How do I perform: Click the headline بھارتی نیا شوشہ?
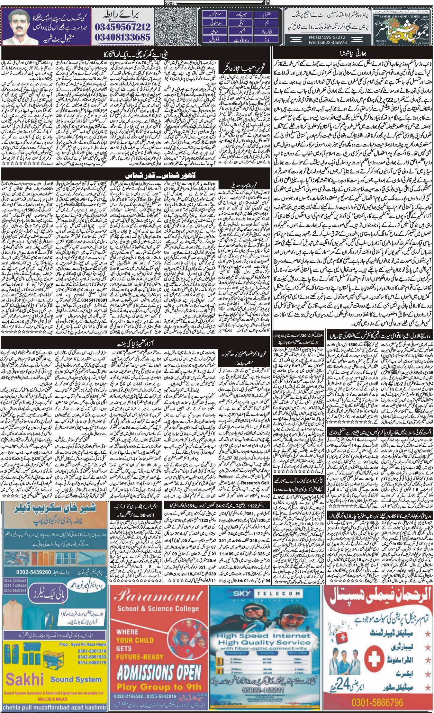coord(352,53)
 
